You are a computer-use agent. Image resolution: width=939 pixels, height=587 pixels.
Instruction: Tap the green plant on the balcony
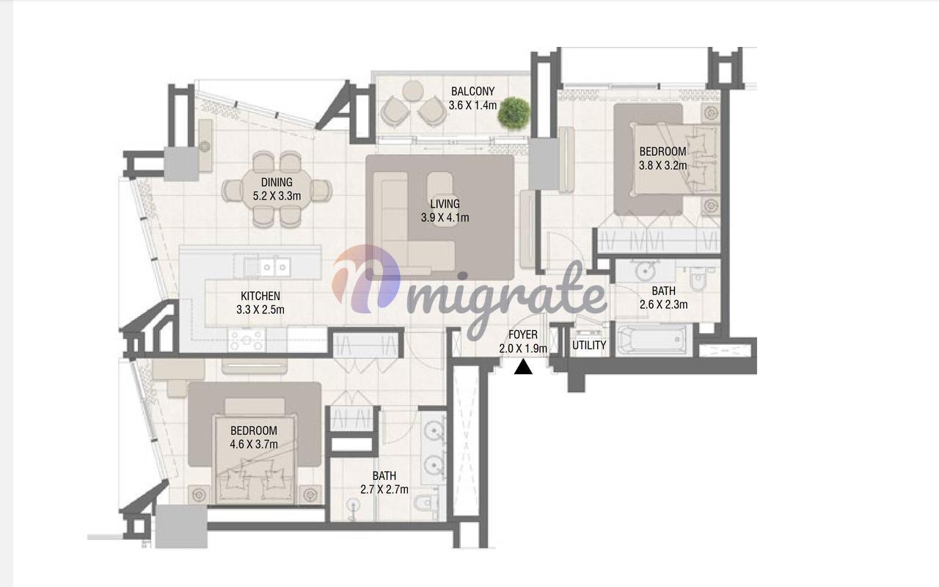(x=514, y=112)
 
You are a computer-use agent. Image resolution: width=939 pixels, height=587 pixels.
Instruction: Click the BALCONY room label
(x=473, y=91)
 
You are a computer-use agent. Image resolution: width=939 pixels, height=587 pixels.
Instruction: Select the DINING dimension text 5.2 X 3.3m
(x=277, y=196)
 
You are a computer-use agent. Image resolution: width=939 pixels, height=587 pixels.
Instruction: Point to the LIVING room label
(x=445, y=204)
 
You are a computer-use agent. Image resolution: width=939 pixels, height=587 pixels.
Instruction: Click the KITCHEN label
(x=260, y=296)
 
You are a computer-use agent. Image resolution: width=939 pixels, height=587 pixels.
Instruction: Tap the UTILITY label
(x=589, y=346)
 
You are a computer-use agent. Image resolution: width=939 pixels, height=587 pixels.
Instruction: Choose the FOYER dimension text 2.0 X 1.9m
(x=523, y=349)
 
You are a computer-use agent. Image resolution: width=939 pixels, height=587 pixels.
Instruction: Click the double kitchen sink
(x=274, y=266)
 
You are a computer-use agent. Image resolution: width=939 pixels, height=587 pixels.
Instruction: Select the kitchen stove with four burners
(x=246, y=340)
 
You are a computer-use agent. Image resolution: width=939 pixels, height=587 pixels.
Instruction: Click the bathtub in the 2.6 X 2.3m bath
(x=653, y=339)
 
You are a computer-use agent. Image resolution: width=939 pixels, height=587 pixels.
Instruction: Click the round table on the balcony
(x=413, y=91)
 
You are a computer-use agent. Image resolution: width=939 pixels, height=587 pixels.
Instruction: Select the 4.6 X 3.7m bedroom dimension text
(x=254, y=445)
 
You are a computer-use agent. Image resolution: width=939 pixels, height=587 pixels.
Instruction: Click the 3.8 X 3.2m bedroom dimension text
(x=662, y=166)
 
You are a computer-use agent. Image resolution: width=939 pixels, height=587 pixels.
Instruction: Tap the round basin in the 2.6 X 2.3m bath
(x=645, y=271)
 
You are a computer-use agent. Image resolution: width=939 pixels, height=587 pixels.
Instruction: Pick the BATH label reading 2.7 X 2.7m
(x=384, y=483)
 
